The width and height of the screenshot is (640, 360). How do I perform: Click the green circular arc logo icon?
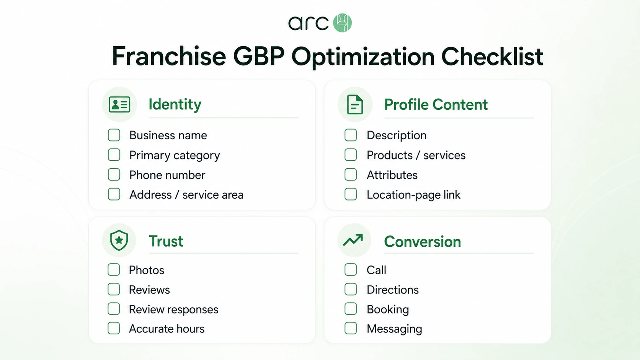tap(342, 23)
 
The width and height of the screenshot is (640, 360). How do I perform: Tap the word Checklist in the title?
tap(492, 56)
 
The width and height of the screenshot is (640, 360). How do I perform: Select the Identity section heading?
tap(175, 104)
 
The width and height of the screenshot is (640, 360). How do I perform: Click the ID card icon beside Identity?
tap(119, 104)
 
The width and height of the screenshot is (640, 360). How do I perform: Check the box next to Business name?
tap(114, 135)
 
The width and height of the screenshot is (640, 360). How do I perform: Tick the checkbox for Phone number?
tap(114, 175)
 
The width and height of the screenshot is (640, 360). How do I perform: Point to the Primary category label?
tap(175, 155)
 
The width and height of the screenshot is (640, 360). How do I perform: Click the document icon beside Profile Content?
tap(355, 104)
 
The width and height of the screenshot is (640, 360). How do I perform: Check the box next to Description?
tap(351, 135)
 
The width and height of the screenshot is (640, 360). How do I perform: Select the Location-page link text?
tap(413, 195)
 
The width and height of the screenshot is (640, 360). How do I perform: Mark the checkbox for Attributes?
tap(351, 175)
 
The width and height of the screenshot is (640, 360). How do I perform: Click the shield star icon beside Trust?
tap(119, 240)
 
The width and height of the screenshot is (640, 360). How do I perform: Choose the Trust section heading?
tap(166, 241)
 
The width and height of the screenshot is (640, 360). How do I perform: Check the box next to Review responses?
tap(114, 309)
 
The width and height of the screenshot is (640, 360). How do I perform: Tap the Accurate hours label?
tap(167, 329)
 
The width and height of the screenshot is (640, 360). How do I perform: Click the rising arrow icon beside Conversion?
tap(353, 240)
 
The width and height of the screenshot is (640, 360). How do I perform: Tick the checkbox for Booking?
tap(351, 309)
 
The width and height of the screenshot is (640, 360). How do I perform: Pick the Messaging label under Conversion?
tap(394, 329)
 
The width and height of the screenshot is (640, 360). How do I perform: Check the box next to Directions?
tap(351, 289)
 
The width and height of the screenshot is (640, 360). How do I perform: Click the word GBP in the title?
tap(259, 56)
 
